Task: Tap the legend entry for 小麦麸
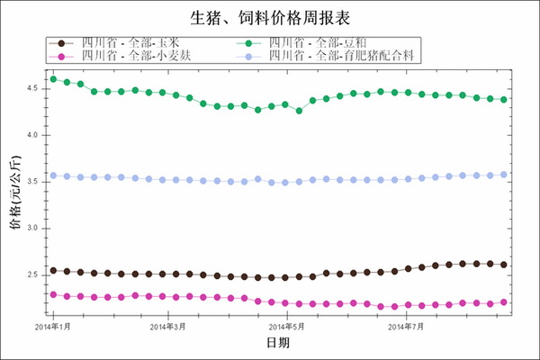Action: point(135,56)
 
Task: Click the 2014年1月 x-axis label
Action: point(53,326)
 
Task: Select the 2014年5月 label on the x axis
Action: point(286,326)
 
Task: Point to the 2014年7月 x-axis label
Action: point(407,326)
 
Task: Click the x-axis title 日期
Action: point(277,344)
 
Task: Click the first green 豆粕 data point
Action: point(53,79)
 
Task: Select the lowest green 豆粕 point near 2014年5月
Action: point(299,111)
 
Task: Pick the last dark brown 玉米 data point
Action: point(503,265)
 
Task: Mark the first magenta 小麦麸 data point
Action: point(53,294)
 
